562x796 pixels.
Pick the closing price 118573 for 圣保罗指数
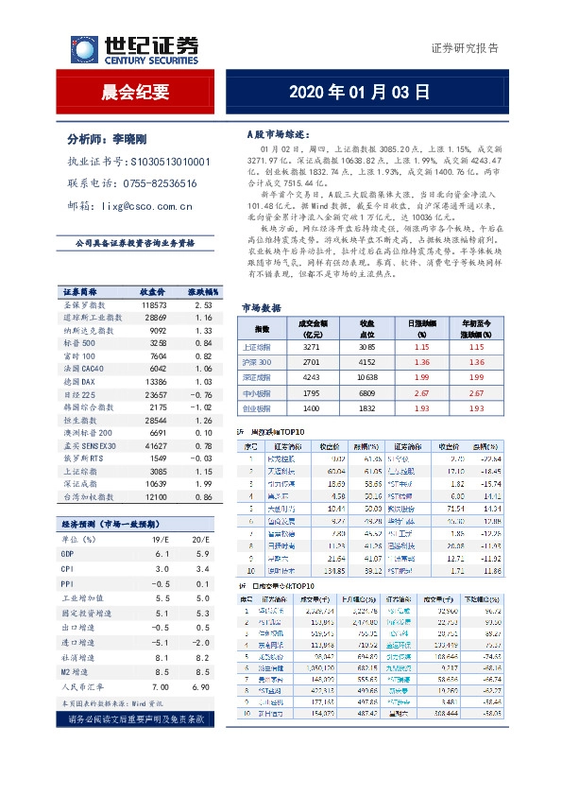(153, 305)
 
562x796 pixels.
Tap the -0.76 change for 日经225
(197, 393)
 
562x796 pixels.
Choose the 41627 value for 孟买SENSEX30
(153, 444)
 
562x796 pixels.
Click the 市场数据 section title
(262, 308)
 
